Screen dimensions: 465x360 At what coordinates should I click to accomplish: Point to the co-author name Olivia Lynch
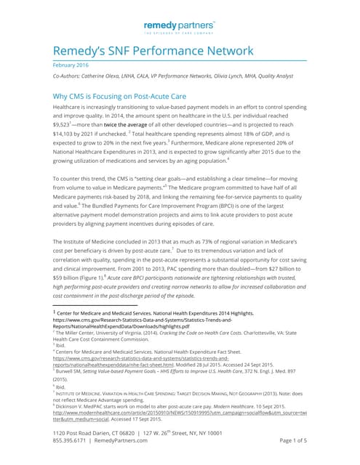coord(250,76)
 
